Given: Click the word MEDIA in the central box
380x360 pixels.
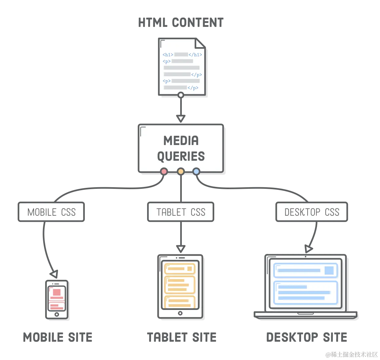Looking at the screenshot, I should (181, 141).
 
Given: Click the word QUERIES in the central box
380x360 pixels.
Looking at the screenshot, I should (181, 156).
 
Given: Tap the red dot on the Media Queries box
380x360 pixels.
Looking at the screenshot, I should (164, 171).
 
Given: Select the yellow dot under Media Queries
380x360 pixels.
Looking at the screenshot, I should (181, 171).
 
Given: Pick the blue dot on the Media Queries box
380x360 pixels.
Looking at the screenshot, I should (196, 171).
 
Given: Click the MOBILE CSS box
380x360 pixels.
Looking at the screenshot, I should (51, 212).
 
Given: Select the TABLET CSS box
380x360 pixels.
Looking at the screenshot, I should (181, 212).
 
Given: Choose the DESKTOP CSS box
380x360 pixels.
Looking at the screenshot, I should (312, 212).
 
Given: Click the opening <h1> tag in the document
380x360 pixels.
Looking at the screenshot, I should (168, 55).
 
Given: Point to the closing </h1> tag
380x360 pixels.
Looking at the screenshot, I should (195, 55).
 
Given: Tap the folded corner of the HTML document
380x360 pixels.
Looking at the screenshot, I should (201, 44).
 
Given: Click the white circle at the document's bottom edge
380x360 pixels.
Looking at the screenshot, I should (180, 95).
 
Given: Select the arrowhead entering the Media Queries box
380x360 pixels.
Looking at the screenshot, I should (180, 117).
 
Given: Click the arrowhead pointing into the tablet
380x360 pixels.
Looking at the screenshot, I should (180, 248).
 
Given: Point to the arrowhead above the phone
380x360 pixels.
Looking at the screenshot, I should (54, 273).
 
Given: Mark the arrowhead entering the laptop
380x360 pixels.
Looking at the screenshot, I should (308, 249).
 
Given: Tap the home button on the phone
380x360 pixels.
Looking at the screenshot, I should (57, 315).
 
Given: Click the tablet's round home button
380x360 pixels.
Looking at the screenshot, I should (180, 313).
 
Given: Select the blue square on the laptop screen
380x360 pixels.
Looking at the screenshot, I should (329, 270).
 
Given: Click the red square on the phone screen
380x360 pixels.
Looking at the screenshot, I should (57, 292).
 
